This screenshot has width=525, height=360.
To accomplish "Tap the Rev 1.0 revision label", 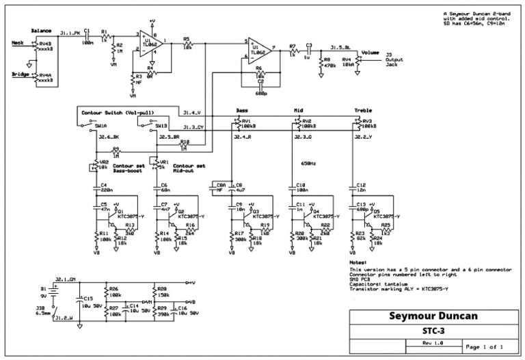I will point(433,343).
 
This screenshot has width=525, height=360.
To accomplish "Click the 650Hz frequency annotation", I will point(308,163).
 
